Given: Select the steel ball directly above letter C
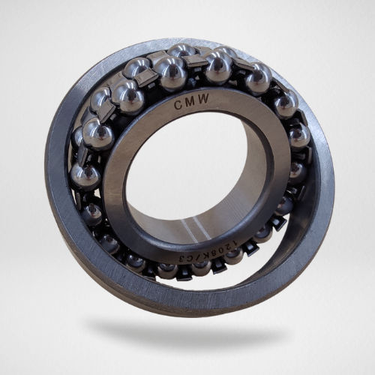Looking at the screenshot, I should tap(171, 73).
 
